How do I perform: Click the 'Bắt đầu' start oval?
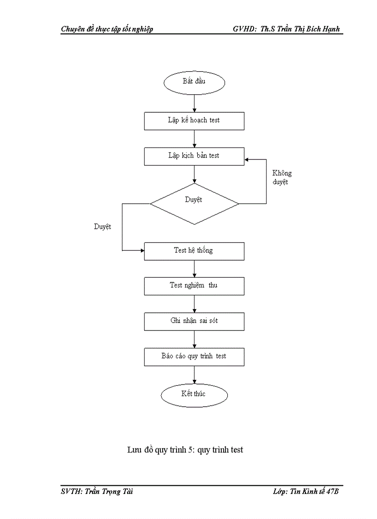194,82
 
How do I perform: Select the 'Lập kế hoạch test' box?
194,121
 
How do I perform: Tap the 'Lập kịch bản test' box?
194,156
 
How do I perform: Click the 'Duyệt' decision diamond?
194,203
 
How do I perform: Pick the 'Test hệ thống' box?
194,251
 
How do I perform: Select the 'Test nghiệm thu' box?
194,286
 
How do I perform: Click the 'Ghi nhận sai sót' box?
194,321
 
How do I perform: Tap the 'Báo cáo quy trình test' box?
194,357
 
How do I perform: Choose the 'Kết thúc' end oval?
194,394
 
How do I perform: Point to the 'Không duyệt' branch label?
282,178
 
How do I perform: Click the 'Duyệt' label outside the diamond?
103,227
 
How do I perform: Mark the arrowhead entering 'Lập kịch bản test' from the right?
247,159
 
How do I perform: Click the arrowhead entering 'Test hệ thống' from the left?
142,251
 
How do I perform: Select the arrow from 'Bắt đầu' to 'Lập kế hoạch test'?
194,102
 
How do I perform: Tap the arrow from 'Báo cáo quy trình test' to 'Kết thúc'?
194,375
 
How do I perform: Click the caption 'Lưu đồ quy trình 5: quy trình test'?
185,450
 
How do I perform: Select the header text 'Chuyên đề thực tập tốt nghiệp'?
107,29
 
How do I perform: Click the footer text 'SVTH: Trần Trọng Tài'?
97,492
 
